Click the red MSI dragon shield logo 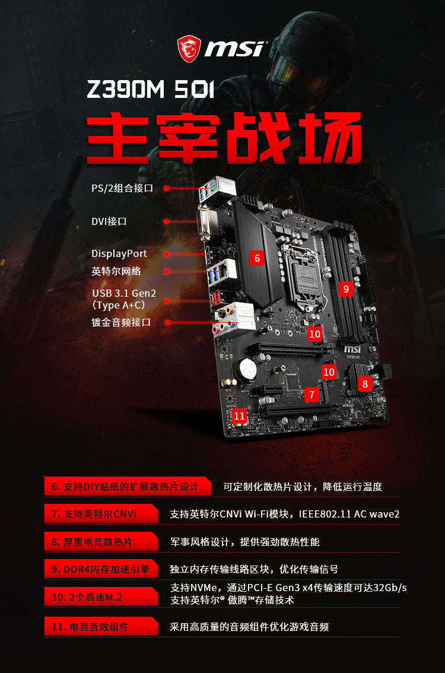pyautogui.click(x=189, y=49)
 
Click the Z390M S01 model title pyautogui.click(x=150, y=89)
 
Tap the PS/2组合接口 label pyautogui.click(x=122, y=188)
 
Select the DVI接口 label pyautogui.click(x=109, y=221)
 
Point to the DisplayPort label pyautogui.click(x=119, y=253)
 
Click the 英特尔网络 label pyautogui.click(x=116, y=271)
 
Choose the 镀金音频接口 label pyautogui.click(x=121, y=322)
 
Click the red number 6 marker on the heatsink pyautogui.click(x=257, y=258)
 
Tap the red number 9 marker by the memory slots pyautogui.click(x=346, y=289)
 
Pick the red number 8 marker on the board pyautogui.click(x=365, y=384)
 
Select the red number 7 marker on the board pyautogui.click(x=312, y=395)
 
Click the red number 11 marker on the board pyautogui.click(x=239, y=416)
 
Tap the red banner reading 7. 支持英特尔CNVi pyautogui.click(x=101, y=514)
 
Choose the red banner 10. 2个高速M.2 pyautogui.click(x=101, y=597)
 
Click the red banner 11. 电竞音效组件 pyautogui.click(x=101, y=627)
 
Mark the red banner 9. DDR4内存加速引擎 pyautogui.click(x=101, y=569)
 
